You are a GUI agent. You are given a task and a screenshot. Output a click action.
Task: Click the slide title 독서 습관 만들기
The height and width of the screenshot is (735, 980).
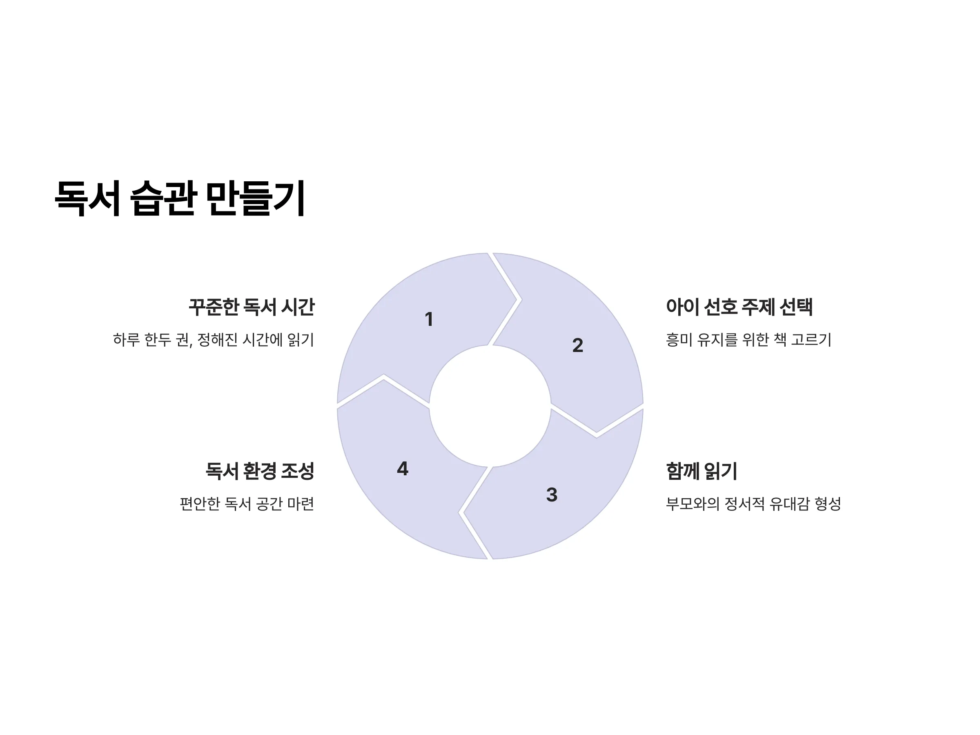tap(180, 198)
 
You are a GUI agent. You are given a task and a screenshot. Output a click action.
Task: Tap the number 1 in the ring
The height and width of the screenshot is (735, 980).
tap(428, 319)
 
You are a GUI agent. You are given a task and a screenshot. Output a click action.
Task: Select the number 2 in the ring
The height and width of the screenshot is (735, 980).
tap(577, 345)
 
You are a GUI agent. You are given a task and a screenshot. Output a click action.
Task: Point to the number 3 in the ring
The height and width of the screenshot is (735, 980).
tap(552, 495)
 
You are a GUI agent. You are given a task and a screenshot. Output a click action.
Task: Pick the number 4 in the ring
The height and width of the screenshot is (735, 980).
tap(402, 469)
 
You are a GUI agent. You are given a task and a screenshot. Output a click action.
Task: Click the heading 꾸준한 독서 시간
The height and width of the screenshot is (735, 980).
tap(252, 307)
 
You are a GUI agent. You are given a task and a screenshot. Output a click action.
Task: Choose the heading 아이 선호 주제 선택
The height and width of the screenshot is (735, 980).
tap(739, 307)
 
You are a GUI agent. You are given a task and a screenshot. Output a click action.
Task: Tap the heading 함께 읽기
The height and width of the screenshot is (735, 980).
tap(702, 471)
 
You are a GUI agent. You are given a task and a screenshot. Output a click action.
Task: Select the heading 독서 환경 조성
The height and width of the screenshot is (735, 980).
tap(260, 471)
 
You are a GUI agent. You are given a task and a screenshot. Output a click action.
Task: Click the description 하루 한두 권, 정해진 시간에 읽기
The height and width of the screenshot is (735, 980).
tap(214, 340)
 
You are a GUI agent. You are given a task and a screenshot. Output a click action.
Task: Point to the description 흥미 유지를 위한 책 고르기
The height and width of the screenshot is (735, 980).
tap(749, 340)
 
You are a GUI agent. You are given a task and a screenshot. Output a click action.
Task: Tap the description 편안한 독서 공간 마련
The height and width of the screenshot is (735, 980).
tap(247, 504)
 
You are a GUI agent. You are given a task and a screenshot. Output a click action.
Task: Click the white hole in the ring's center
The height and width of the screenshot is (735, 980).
tap(490, 406)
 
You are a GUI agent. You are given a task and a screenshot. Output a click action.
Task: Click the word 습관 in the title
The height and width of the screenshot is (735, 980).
tap(163, 198)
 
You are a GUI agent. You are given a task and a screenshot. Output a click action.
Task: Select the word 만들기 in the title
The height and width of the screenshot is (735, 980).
tap(256, 198)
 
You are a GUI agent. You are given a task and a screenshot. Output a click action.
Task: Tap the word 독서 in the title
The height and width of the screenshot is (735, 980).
tap(87, 198)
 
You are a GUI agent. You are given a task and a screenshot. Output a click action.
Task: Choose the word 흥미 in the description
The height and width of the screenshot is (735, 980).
tap(679, 340)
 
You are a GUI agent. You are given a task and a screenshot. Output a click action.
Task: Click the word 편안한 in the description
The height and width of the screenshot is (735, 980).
tap(200, 504)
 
